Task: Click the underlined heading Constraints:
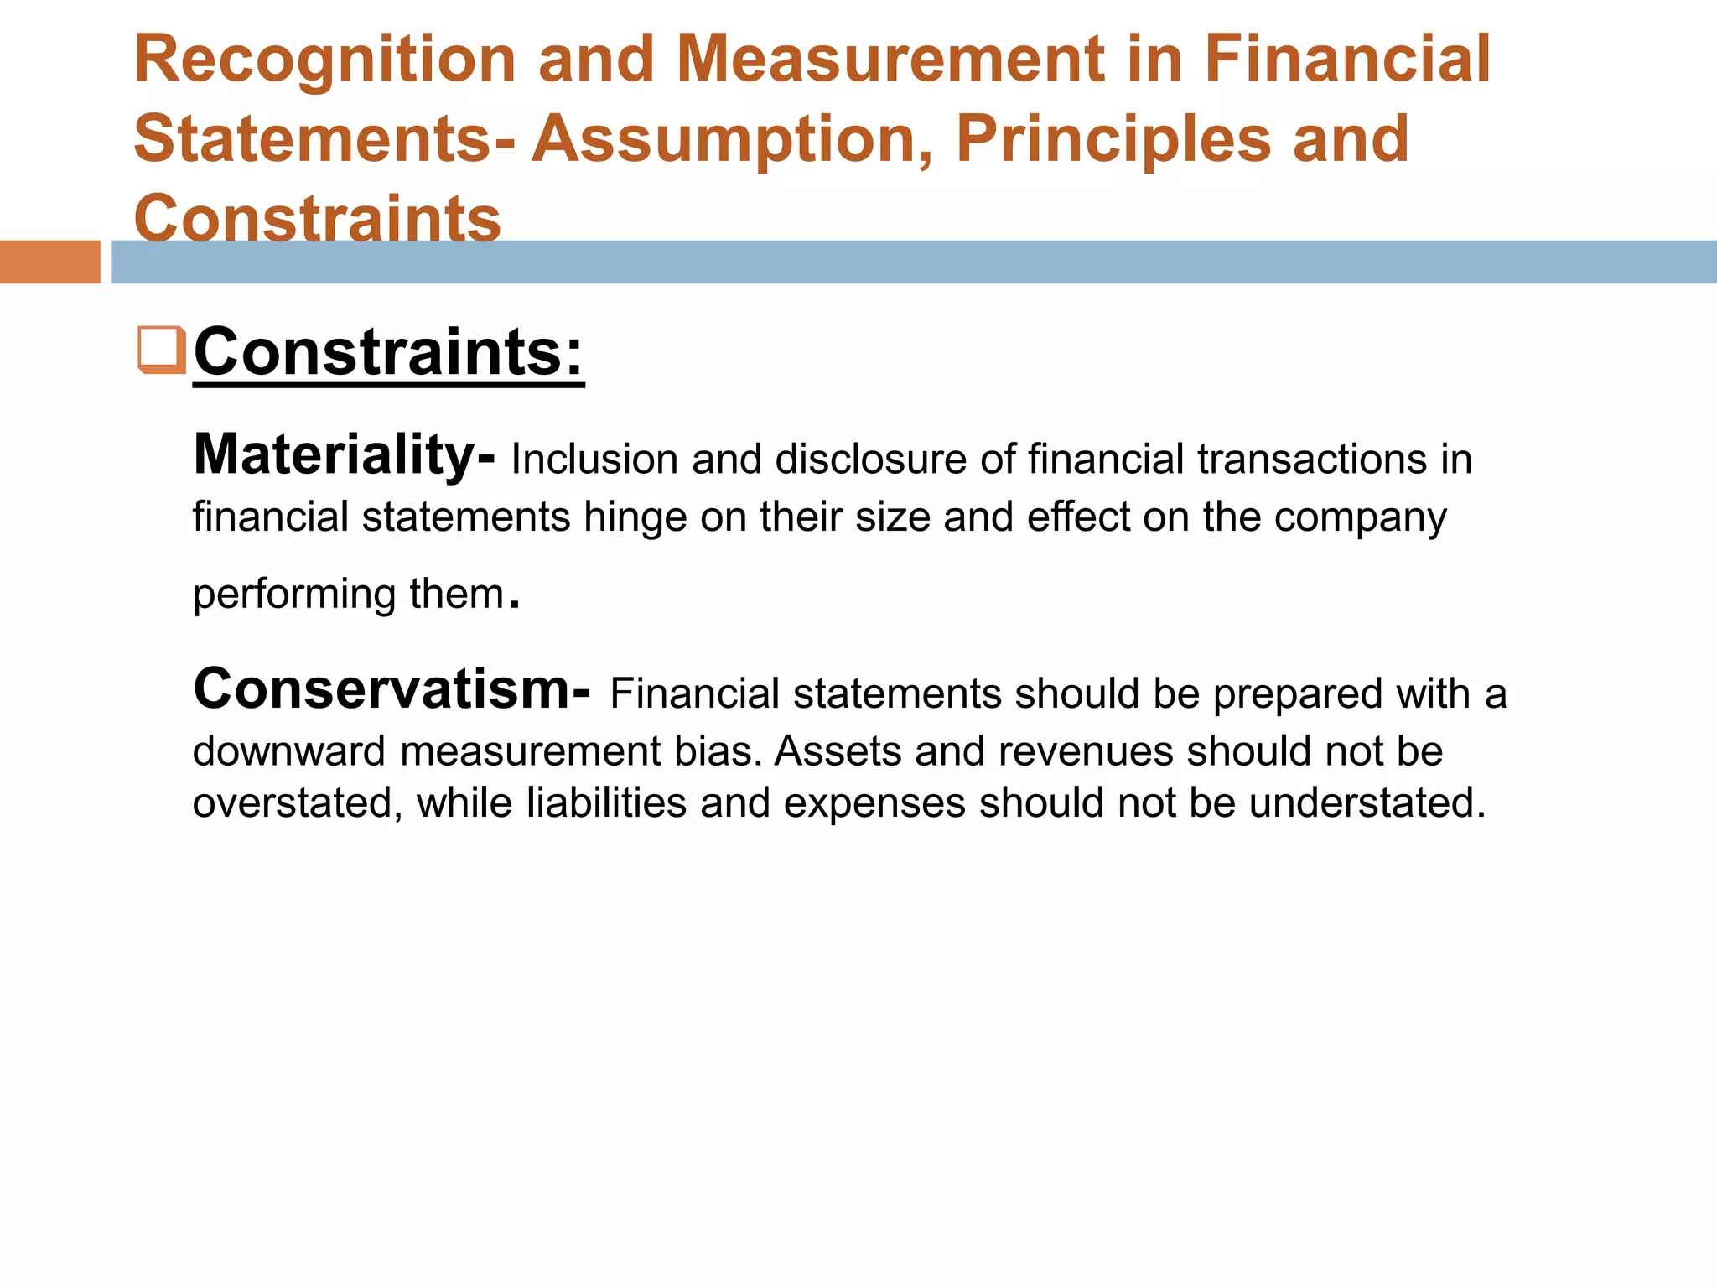(x=388, y=352)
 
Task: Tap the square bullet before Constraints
(x=161, y=350)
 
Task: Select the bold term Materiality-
(x=344, y=454)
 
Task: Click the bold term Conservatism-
(x=392, y=689)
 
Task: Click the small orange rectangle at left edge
(x=49, y=262)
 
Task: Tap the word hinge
(x=635, y=517)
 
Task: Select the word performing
(x=294, y=595)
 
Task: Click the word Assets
(x=838, y=751)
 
